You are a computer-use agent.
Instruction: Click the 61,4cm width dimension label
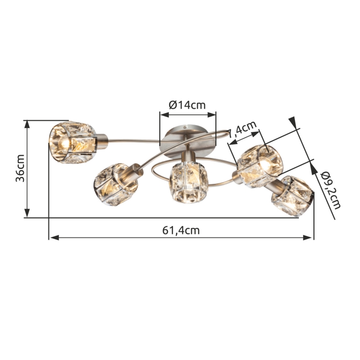click(180, 231)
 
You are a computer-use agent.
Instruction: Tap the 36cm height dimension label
click(20, 168)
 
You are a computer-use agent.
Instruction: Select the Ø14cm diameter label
click(187, 105)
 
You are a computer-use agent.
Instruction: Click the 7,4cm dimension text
click(243, 129)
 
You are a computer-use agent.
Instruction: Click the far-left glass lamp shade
click(71, 140)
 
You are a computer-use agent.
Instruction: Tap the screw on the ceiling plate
click(185, 127)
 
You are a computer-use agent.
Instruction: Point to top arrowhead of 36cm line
click(27, 125)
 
